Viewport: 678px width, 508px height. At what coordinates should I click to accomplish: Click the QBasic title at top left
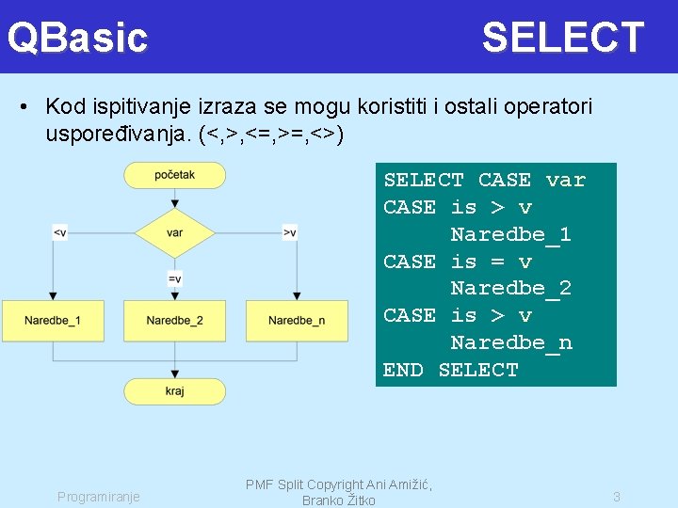tap(77, 38)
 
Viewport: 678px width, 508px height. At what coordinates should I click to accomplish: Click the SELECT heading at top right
tap(562, 38)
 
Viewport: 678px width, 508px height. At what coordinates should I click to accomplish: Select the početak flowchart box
tap(174, 175)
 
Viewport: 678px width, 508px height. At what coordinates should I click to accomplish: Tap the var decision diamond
tap(174, 232)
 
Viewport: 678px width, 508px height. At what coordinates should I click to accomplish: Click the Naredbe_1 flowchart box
tap(52, 321)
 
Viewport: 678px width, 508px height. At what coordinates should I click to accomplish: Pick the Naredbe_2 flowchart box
tap(174, 321)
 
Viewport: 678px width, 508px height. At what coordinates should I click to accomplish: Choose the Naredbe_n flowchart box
tap(296, 321)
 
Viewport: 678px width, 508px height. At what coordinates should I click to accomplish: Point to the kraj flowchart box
tap(174, 390)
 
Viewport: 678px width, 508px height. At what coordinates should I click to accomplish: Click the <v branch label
tap(59, 232)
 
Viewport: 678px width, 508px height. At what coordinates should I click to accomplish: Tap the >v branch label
tap(289, 232)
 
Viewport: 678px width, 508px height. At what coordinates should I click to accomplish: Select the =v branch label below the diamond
tap(174, 278)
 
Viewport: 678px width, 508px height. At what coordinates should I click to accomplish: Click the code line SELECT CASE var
tap(484, 180)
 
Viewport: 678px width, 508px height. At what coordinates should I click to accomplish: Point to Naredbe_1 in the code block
tap(510, 234)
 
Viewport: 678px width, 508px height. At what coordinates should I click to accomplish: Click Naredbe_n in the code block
tap(510, 342)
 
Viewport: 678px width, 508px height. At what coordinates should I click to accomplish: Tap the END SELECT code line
tap(450, 370)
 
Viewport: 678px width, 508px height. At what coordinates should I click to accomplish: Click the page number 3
tap(617, 496)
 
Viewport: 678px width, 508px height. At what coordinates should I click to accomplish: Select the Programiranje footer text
tap(98, 496)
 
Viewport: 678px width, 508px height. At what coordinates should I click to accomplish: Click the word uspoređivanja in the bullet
tap(119, 135)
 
